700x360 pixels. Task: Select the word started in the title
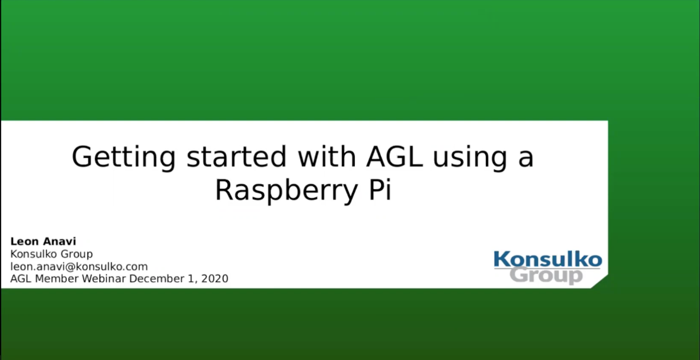point(236,157)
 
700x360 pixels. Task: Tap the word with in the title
point(327,156)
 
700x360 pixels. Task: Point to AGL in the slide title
point(394,157)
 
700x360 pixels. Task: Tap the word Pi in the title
point(380,189)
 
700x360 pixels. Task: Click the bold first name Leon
point(25,241)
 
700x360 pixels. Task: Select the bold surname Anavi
point(59,241)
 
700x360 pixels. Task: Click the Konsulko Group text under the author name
point(52,254)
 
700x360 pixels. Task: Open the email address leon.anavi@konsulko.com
point(79,267)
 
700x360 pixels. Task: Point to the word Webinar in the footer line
point(104,279)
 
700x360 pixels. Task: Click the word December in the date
point(157,279)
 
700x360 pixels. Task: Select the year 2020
point(215,279)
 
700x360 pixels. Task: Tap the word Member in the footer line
point(57,279)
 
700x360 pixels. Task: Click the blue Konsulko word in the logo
point(548,259)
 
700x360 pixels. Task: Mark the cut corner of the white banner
point(599,282)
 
